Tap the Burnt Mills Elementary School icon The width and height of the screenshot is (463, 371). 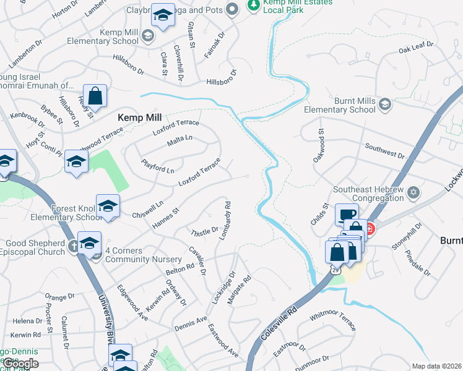[385, 104]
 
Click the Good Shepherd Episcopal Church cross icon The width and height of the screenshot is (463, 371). [74, 246]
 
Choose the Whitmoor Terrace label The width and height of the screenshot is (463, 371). [333, 319]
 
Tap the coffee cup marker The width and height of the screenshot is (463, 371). [347, 216]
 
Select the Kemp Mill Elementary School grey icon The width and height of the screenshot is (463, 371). [148, 36]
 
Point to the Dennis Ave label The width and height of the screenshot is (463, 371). [191, 322]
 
